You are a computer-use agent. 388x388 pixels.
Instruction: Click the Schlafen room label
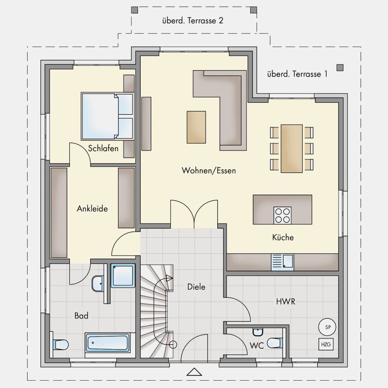[103, 148]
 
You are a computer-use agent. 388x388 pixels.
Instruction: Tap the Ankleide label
[92, 209]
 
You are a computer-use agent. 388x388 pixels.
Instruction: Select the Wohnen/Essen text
[209, 170]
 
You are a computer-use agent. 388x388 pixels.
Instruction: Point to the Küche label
[283, 237]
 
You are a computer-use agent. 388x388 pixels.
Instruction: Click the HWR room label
[286, 301]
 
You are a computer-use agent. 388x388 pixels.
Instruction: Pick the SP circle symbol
[327, 327]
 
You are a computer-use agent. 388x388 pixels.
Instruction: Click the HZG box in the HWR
[326, 345]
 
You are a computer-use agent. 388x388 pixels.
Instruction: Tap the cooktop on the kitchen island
[282, 215]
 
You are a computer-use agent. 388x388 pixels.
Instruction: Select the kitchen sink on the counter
[282, 262]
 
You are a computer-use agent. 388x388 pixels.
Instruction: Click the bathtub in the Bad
[107, 343]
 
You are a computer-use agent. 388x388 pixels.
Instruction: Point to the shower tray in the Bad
[123, 275]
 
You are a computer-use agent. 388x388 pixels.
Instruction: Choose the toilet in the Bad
[61, 345]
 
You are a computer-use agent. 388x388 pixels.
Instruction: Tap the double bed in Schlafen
[107, 116]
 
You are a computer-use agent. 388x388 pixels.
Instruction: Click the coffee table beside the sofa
[196, 127]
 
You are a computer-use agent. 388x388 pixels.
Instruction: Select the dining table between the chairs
[292, 149]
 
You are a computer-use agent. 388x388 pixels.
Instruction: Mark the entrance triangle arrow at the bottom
[194, 372]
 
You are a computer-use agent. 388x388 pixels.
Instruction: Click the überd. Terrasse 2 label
[193, 21]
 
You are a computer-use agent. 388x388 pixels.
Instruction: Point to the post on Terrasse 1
[340, 68]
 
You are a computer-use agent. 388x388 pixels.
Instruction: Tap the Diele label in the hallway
[196, 287]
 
